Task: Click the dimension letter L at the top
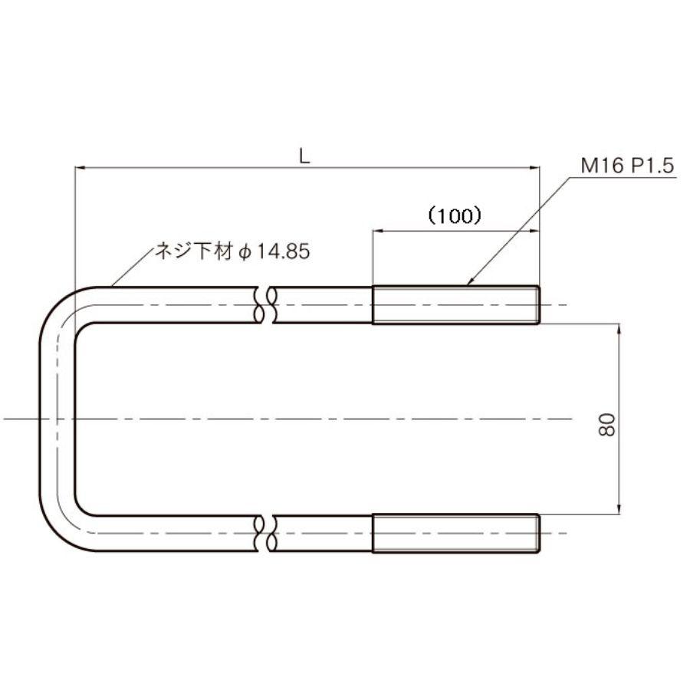[304, 156]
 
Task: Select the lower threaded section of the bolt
[455, 534]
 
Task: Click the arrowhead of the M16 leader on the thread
[470, 284]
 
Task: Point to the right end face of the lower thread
[539, 534]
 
